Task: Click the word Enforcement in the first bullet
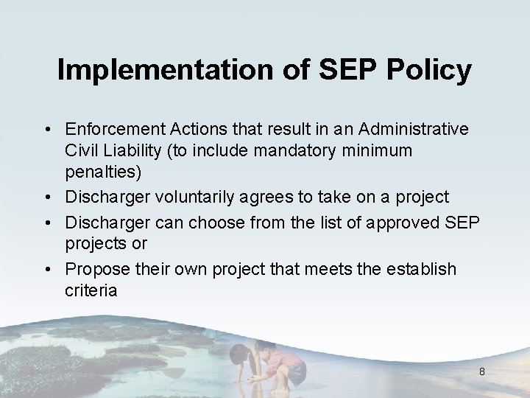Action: pos(110,130)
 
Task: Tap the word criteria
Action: pos(90,290)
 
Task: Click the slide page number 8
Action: pos(481,371)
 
